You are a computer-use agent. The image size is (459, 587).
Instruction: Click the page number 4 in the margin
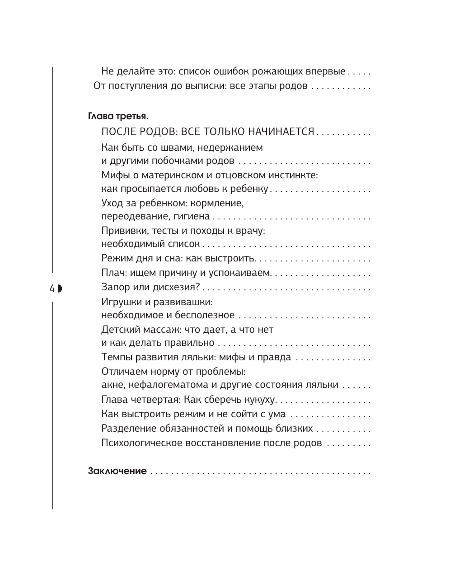pos(52,288)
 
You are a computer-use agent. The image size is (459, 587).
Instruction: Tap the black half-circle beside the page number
pos(59,288)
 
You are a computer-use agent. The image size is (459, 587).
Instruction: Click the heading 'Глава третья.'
pos(117,116)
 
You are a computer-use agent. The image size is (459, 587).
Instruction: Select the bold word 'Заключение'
pos(117,471)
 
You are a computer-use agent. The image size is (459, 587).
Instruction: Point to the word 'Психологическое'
pos(141,443)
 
